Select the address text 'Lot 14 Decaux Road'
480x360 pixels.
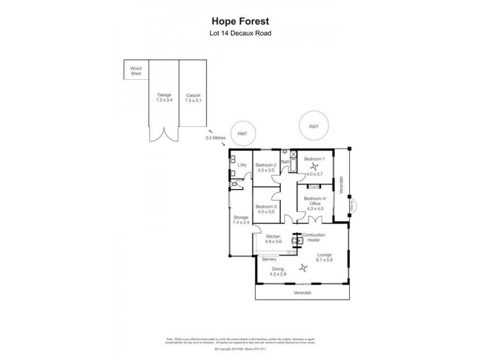(x=239, y=33)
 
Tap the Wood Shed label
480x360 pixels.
(x=136, y=71)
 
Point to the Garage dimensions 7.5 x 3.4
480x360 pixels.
(x=164, y=100)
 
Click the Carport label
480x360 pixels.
(x=193, y=95)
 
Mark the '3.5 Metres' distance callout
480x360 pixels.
(x=215, y=137)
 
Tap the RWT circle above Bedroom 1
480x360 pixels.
(x=313, y=127)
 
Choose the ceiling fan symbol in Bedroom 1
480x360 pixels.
(x=314, y=167)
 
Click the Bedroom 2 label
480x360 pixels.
(x=265, y=165)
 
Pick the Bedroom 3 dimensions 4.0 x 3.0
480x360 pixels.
(x=265, y=212)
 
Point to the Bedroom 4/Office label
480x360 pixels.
(x=313, y=201)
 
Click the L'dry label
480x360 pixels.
(x=242, y=165)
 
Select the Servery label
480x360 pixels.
(x=269, y=259)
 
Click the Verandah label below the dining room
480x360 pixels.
(x=302, y=293)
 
